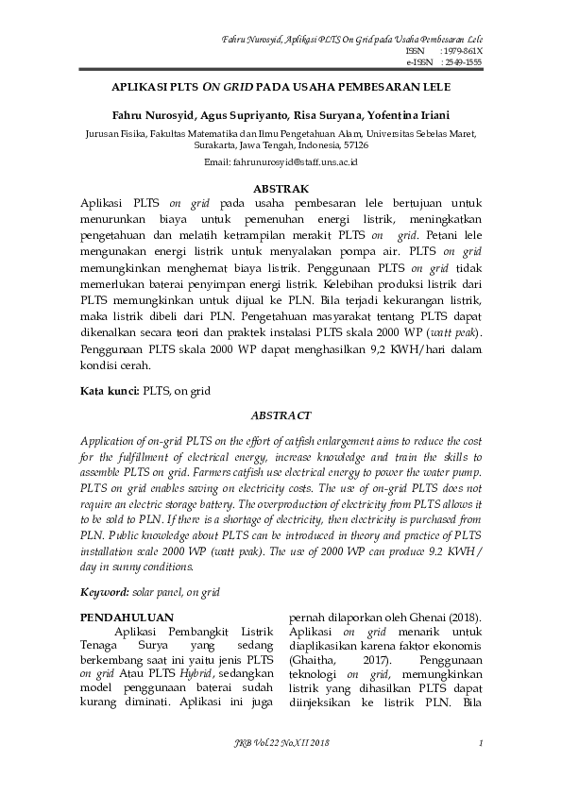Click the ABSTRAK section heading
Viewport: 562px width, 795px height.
pos(281,189)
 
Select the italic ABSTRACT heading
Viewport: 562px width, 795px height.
pos(281,414)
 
